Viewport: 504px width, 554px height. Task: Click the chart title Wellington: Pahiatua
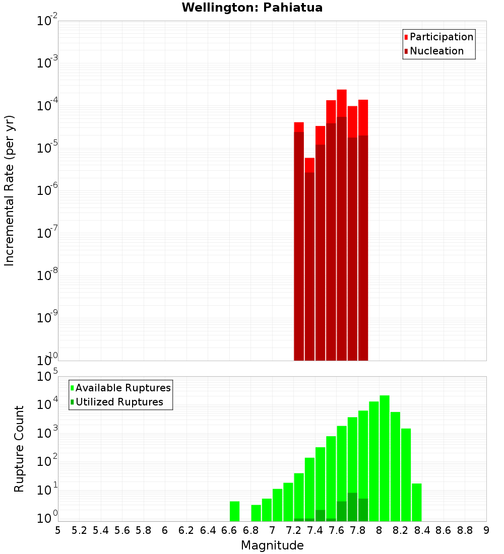click(252, 8)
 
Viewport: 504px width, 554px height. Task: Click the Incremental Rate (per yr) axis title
click(10, 190)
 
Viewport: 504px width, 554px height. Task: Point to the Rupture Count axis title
click(19, 449)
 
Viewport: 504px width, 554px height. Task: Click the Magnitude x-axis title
click(272, 545)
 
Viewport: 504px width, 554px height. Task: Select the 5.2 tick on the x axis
click(79, 530)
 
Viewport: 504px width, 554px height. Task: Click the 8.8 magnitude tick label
click(465, 530)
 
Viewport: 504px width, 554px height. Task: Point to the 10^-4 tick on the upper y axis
click(47, 106)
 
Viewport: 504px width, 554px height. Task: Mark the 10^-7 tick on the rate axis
click(47, 233)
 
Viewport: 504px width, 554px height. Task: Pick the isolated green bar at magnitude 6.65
click(234, 511)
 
